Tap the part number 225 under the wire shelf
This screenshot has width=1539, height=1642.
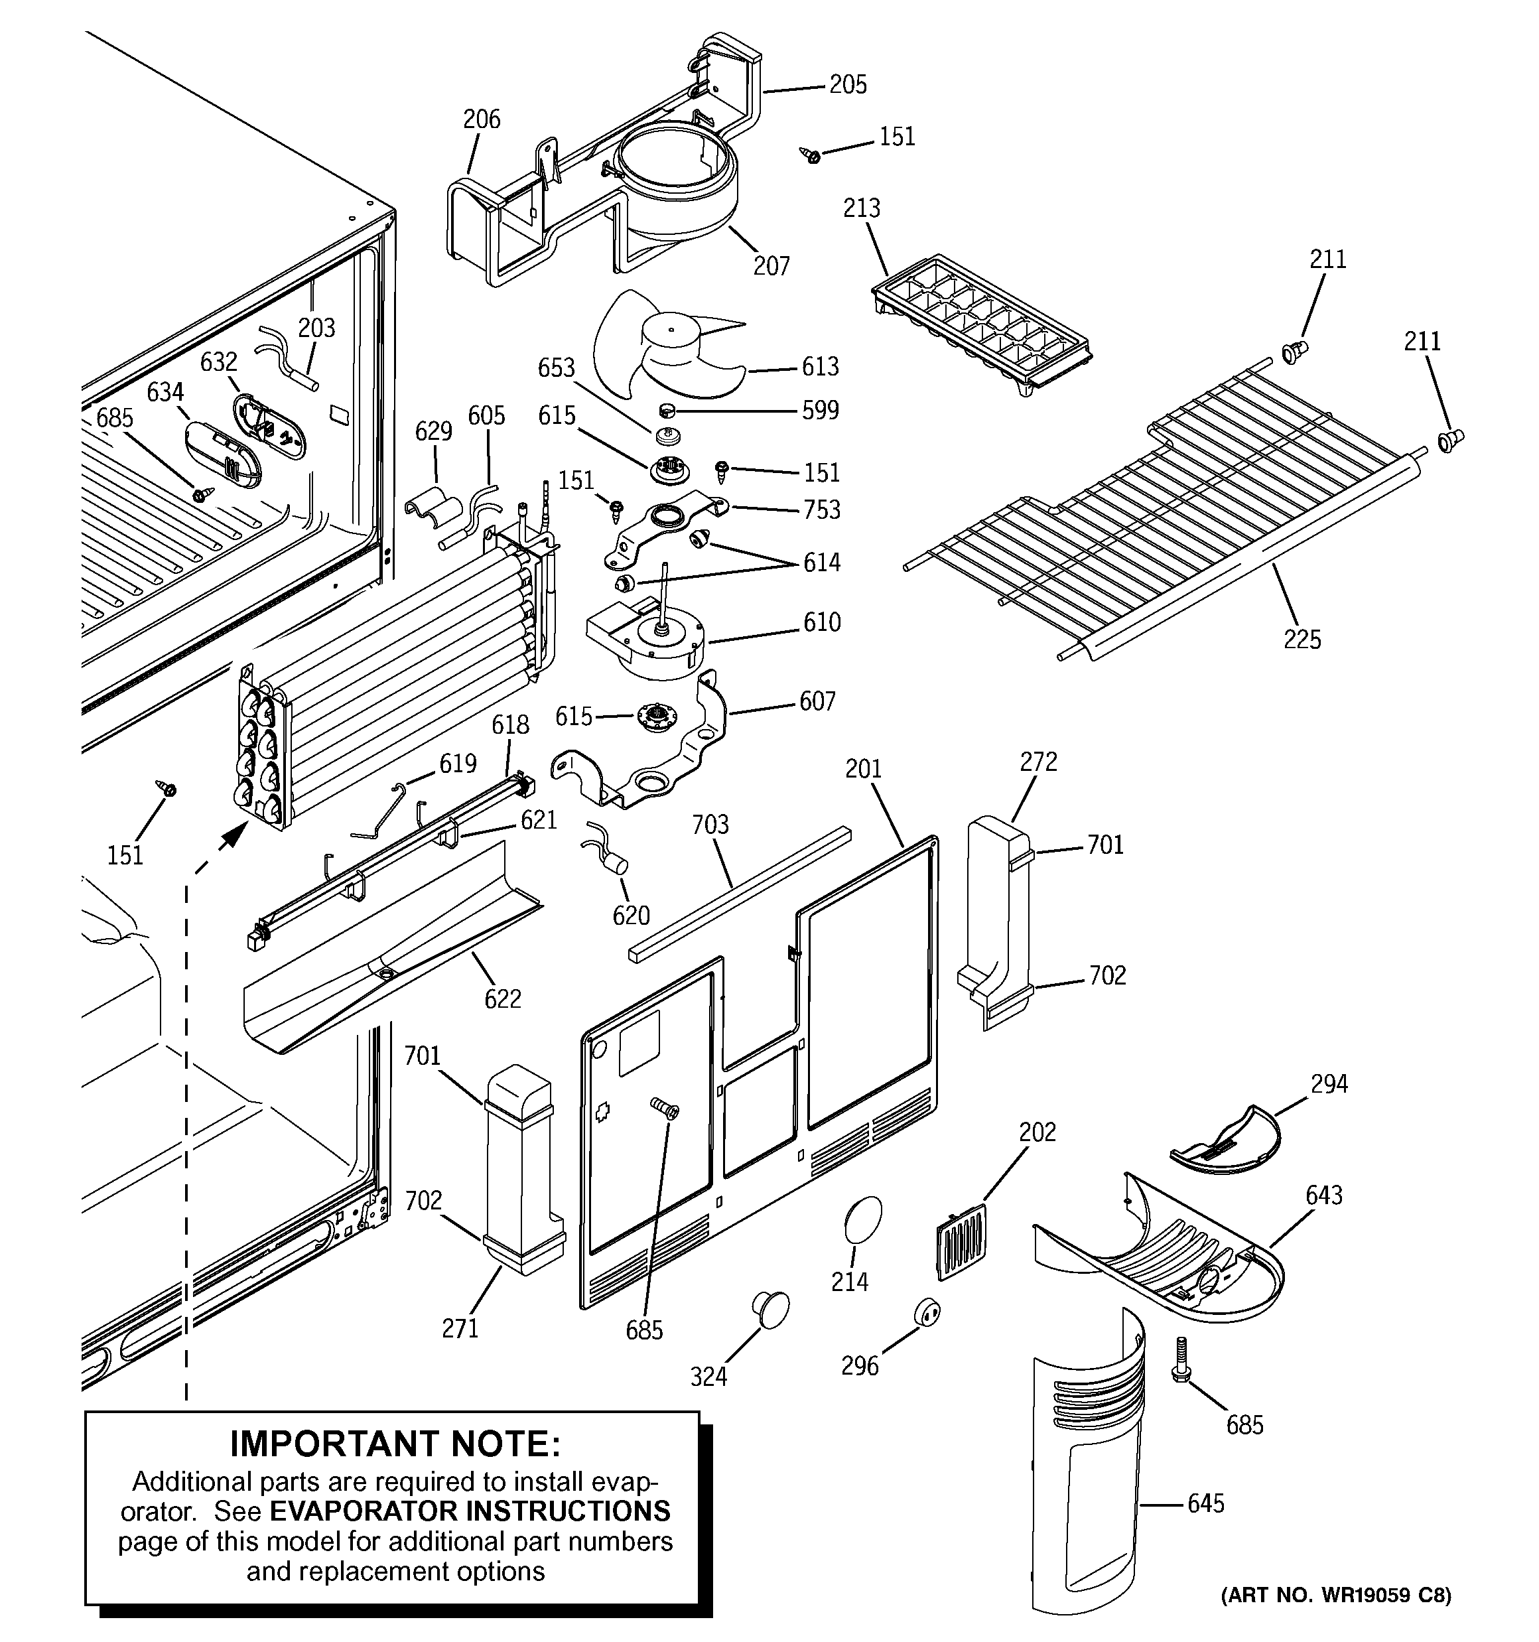(x=1302, y=640)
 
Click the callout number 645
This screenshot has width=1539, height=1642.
(x=1205, y=1503)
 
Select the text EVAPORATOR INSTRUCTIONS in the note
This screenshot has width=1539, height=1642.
(x=470, y=1511)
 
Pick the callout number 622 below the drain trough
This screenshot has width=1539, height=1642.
(x=502, y=998)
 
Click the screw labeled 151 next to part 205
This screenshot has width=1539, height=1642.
(x=811, y=155)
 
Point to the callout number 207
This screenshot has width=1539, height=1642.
(x=771, y=266)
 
